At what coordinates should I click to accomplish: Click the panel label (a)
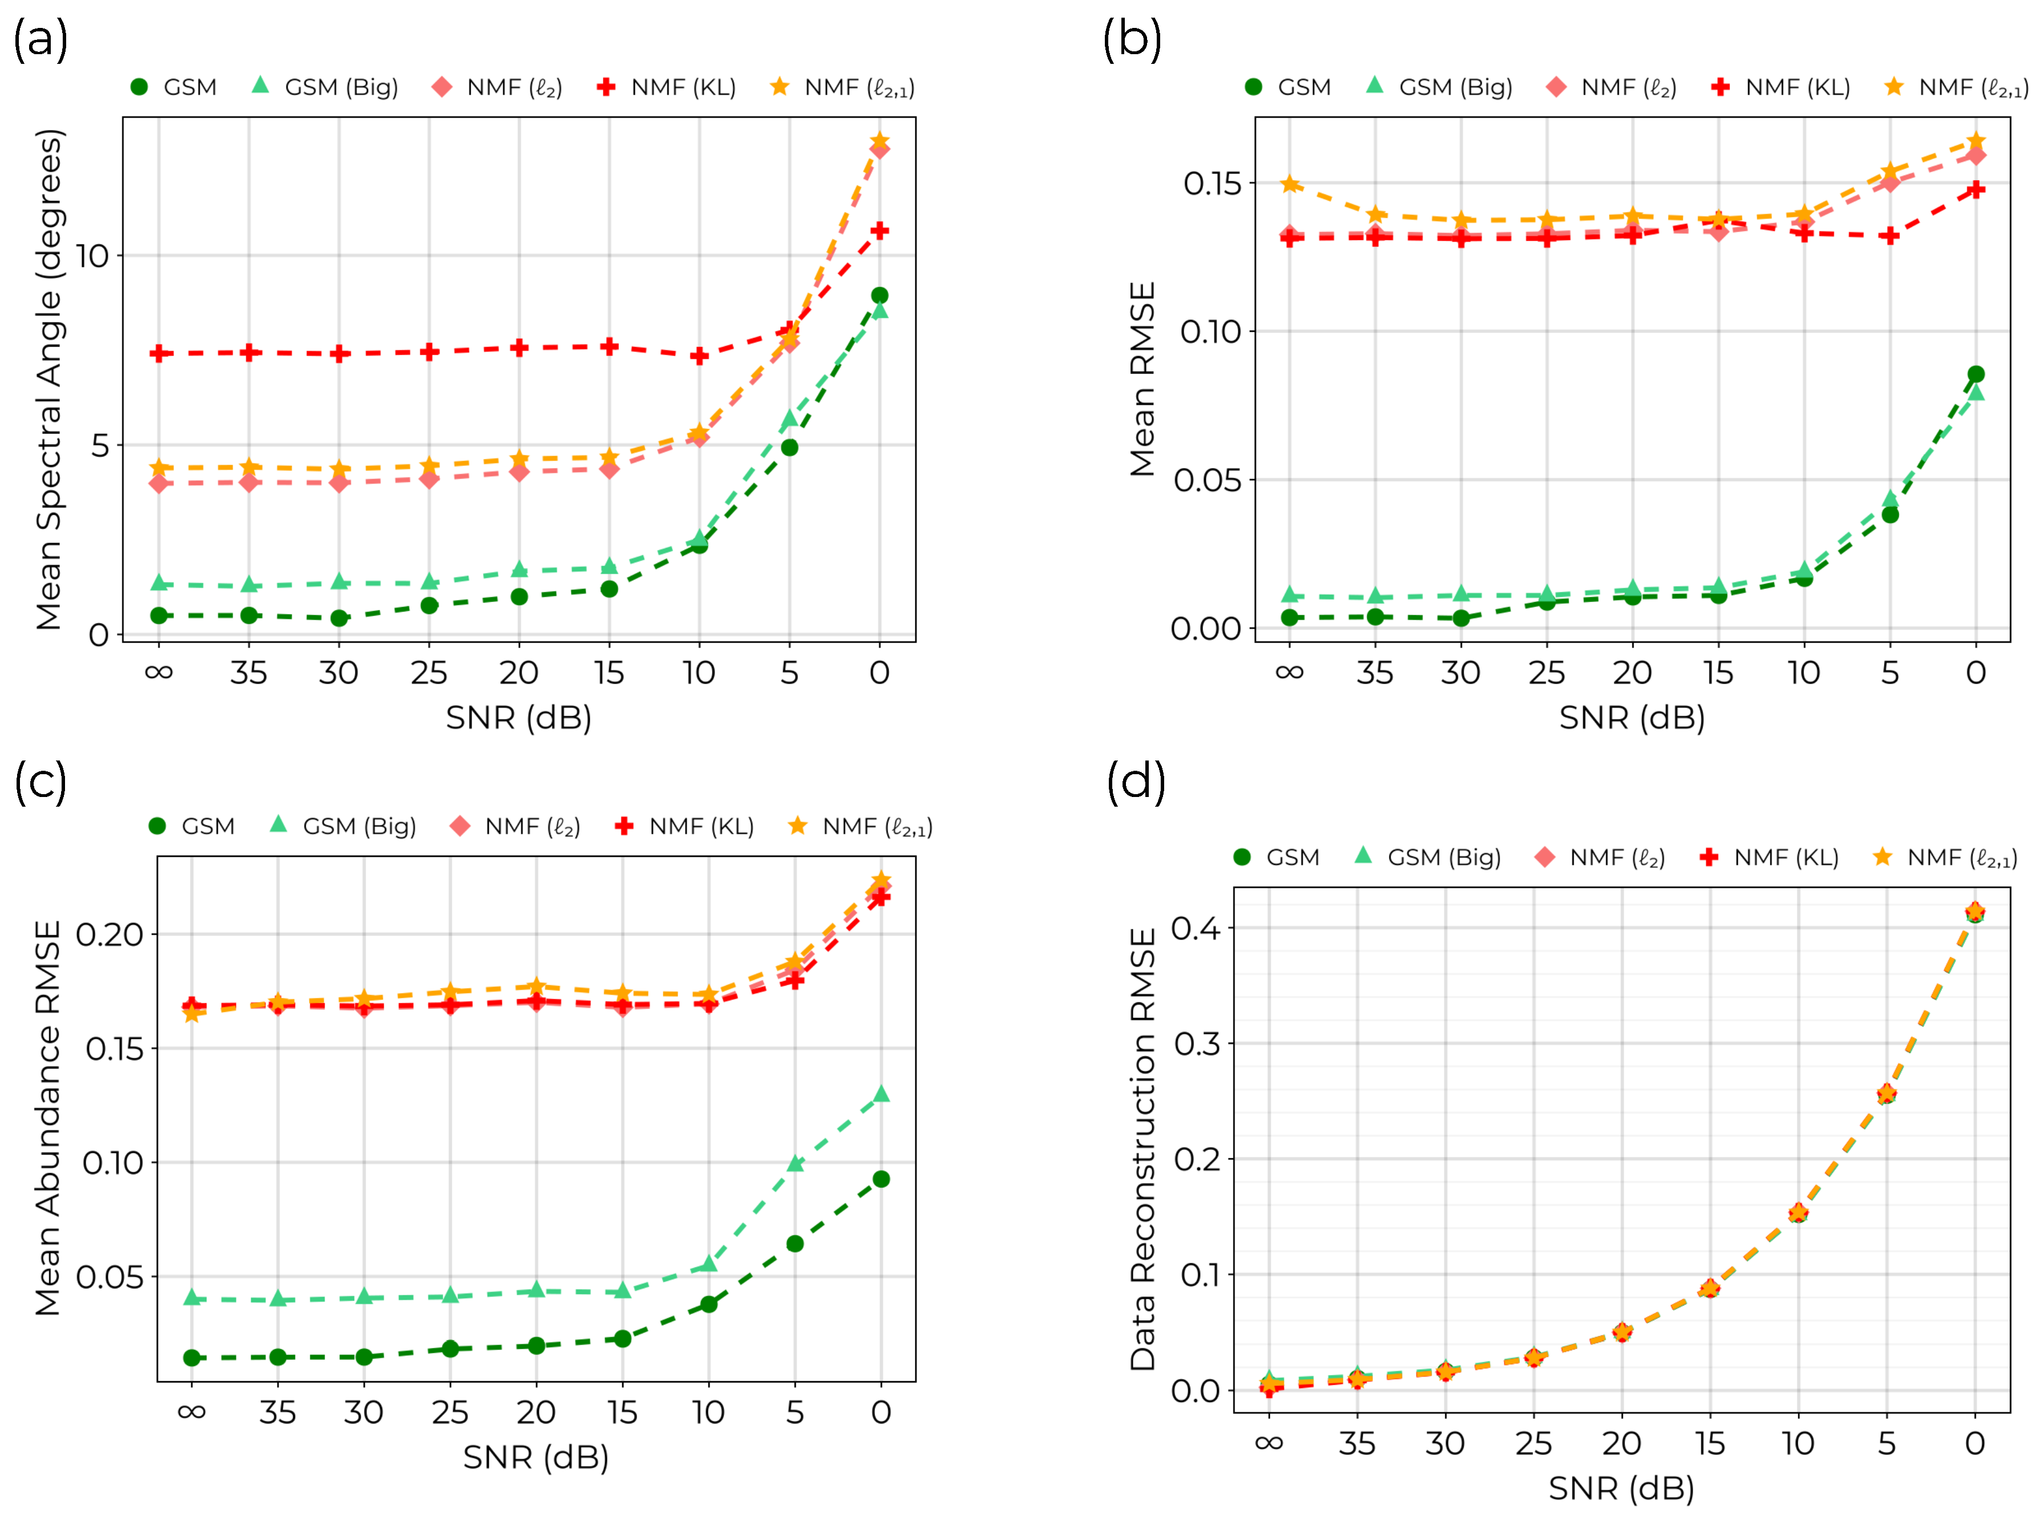pos(40,42)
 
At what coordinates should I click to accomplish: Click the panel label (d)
pos(1137,782)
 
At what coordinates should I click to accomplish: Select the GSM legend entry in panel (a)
pos(175,87)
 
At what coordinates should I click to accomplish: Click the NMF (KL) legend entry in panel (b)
pos(1780,87)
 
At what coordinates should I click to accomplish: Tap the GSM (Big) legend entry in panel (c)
pos(346,827)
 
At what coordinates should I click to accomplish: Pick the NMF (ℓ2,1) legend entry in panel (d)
pos(1945,857)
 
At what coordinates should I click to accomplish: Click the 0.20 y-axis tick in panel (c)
pos(110,935)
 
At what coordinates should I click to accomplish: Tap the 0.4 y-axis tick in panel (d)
pos(1196,929)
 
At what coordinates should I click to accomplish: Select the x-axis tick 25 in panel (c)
pos(449,1412)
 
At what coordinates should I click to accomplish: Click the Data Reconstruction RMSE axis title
pos(1142,1149)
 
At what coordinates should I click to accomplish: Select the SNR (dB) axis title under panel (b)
pos(1632,718)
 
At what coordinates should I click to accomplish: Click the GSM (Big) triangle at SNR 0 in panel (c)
pos(881,1094)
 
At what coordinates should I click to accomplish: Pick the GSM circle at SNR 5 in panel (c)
pos(795,1244)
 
